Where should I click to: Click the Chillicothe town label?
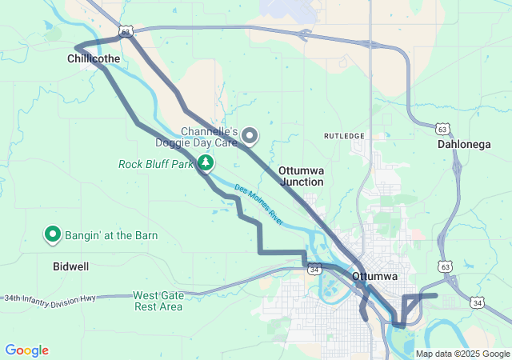(94, 59)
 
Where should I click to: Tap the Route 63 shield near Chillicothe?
(125, 30)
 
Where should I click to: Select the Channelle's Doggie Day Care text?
(209, 137)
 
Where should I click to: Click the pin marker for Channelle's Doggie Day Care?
(250, 136)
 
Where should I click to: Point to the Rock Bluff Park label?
(156, 164)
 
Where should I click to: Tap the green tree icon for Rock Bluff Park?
(206, 163)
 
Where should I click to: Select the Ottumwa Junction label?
(302, 177)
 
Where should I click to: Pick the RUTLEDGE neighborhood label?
(344, 136)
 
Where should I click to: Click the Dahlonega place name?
(465, 145)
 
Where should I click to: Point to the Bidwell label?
(70, 266)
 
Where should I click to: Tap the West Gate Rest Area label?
(158, 301)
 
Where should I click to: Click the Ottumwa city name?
(374, 277)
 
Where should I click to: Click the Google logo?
(26, 350)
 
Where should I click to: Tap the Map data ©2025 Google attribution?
(462, 354)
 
